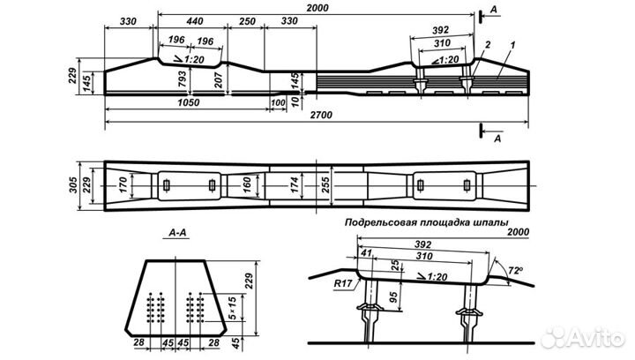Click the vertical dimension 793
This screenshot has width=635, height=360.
[x=182, y=83]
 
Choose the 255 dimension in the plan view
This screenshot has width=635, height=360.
[x=329, y=186]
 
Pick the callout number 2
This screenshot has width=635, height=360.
[x=487, y=43]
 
